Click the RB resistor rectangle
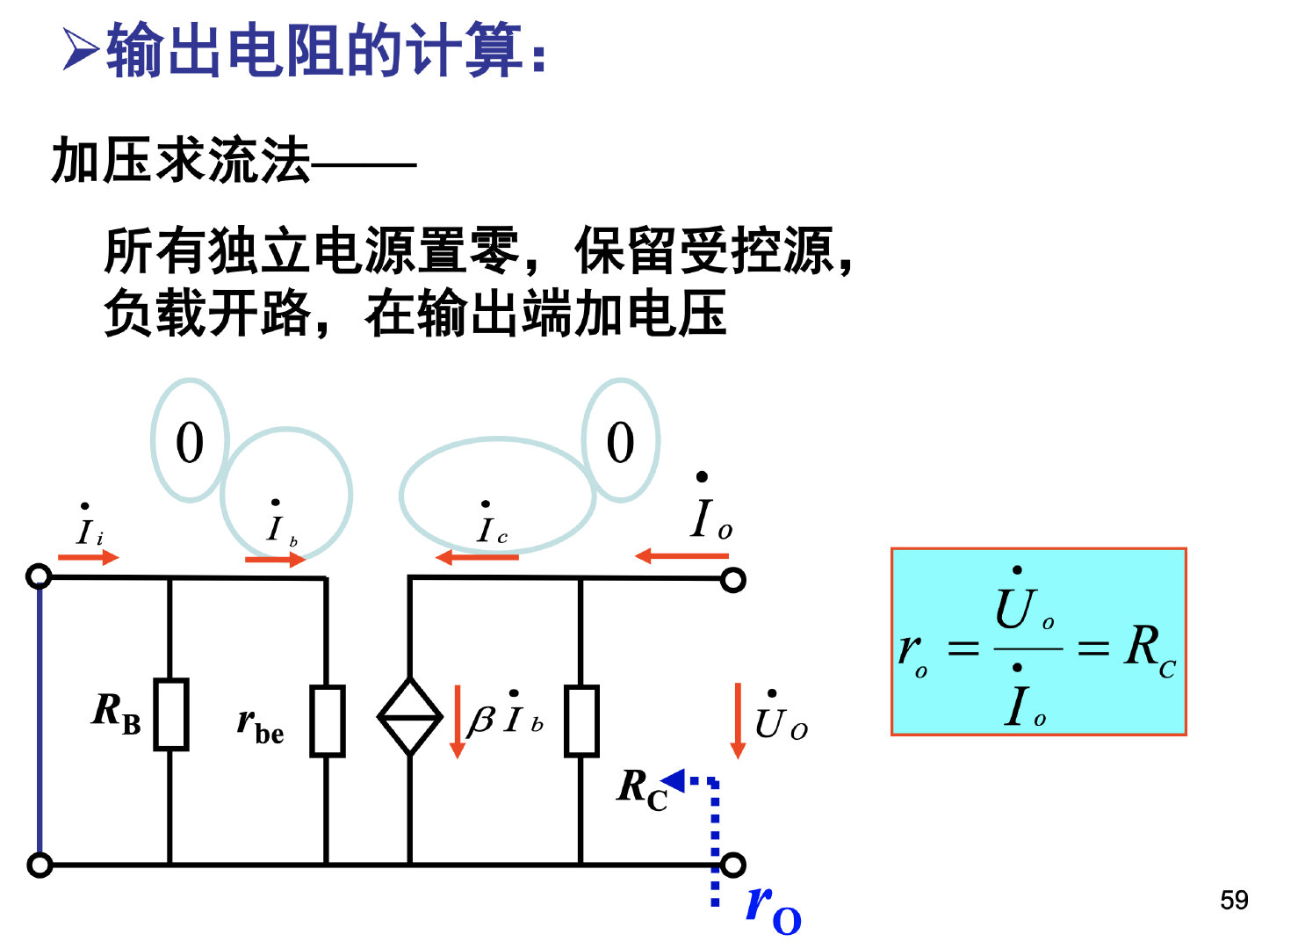click(x=170, y=714)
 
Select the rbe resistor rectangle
click(x=327, y=721)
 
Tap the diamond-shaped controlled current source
click(x=409, y=716)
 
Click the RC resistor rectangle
click(x=580, y=721)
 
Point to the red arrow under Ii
click(x=88, y=557)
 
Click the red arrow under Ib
click(x=275, y=559)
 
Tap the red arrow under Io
click(x=681, y=555)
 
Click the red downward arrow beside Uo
click(x=738, y=721)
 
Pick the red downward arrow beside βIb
click(x=457, y=721)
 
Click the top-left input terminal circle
click(x=40, y=576)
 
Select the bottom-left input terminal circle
click(x=40, y=865)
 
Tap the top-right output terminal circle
click(x=732, y=580)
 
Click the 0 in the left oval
click(x=190, y=442)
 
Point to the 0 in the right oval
click(x=620, y=442)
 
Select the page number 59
click(x=1234, y=900)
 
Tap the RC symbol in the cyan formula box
click(x=1149, y=648)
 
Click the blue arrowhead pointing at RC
click(x=674, y=779)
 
